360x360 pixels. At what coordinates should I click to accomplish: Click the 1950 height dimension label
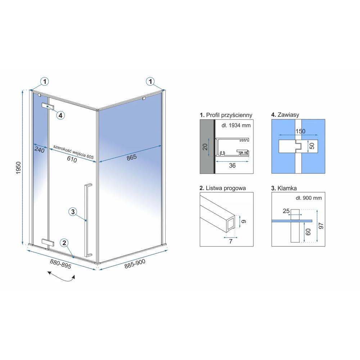point(19,168)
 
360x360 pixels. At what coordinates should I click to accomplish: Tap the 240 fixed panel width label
point(40,149)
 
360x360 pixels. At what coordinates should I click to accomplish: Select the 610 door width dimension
point(72,159)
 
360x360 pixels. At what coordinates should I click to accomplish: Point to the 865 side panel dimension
point(131,157)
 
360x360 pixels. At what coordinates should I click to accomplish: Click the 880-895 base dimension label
point(60,264)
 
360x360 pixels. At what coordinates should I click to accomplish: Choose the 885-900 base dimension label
point(135,264)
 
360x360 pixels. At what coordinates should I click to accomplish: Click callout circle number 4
point(60,115)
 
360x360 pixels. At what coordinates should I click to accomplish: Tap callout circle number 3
point(73,212)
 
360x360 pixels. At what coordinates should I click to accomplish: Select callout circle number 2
point(64,243)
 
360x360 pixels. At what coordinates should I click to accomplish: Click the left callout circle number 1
point(45,81)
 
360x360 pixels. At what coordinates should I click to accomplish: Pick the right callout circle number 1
point(150,81)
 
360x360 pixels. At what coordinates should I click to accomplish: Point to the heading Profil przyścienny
point(226,115)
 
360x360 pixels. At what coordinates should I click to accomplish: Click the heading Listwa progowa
point(223,188)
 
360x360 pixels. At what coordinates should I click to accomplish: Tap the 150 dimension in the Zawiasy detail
point(300,131)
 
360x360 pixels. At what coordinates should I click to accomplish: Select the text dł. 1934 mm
point(236,125)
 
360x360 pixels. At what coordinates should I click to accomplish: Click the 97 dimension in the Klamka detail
point(321,226)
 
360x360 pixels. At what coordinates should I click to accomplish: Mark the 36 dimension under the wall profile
point(232,166)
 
